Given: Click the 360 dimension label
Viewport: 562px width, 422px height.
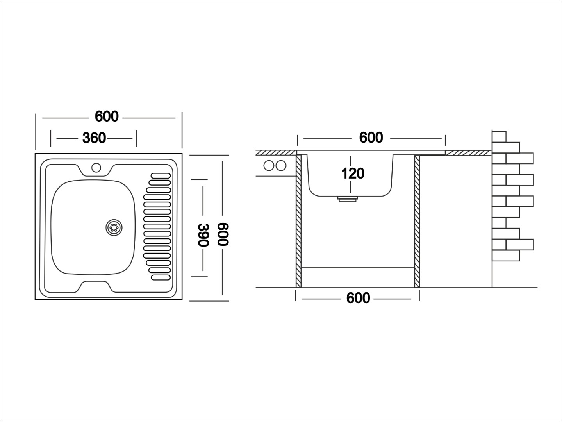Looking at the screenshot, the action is pos(94,138).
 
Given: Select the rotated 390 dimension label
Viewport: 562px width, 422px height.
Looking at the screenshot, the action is pos(203,235).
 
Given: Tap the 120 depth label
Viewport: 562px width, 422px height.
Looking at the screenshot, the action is pos(353,173).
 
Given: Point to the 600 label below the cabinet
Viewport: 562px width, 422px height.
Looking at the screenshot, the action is pos(358,298).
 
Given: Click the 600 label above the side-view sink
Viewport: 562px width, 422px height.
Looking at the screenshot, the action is pos(371,138).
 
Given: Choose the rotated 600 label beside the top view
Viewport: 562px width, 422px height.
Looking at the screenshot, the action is pos(223,234).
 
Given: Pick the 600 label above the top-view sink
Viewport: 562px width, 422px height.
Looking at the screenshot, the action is pos(107,116).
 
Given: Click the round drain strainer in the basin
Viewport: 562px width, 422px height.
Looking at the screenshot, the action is pos(114,227).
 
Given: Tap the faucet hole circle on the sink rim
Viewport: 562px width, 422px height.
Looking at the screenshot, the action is pos(96,168).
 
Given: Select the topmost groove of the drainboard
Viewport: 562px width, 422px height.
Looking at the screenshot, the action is pos(161,176).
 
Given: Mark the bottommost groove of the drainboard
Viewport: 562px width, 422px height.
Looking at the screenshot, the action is pos(161,277).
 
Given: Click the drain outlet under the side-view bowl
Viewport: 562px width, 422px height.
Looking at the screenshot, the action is pos(348,199).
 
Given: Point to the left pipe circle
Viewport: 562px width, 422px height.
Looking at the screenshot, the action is pos(269,165).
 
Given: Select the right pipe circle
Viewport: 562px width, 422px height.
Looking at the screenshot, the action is pos(281,165).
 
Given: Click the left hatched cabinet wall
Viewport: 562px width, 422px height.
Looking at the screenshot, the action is pos(298,221).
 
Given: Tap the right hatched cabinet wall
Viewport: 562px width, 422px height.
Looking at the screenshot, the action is pos(417,221).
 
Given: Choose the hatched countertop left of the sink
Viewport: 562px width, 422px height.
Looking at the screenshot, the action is pos(276,153).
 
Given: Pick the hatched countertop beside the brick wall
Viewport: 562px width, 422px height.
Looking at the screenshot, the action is pos(469,153).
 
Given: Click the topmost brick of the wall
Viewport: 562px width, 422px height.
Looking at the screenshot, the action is pos(499,136).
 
